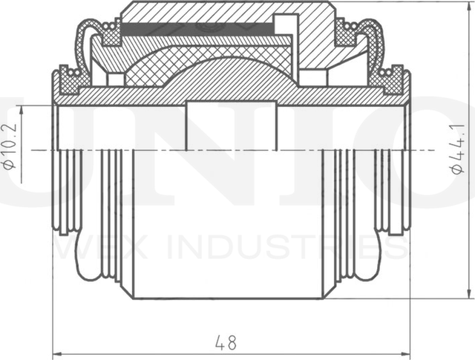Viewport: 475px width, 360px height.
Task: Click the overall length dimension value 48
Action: point(226,343)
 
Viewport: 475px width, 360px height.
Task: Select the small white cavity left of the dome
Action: point(116,79)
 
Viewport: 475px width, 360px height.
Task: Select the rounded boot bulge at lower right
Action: point(368,267)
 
